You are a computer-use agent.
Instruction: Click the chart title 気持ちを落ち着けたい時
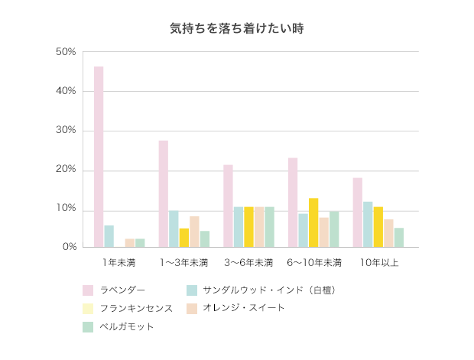237,29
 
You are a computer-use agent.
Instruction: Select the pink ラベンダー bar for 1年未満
99,157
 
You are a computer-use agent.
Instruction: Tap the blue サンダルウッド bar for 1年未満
109,236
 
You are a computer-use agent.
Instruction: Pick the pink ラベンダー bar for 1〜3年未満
164,194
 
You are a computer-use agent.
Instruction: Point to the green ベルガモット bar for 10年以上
399,237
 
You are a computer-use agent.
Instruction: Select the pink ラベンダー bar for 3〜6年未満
228,206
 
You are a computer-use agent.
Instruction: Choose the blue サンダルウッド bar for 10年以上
368,224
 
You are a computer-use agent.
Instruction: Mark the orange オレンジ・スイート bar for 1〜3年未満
194,232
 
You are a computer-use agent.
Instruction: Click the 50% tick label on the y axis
66,52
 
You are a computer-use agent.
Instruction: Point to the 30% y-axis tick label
66,131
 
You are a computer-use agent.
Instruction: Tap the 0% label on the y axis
69,247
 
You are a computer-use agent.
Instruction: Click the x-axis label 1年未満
119,263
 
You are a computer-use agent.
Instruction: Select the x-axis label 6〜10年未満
313,263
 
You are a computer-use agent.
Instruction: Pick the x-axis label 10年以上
378,263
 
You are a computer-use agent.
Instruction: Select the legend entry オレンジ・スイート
243,308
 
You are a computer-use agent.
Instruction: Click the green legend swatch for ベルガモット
88,327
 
